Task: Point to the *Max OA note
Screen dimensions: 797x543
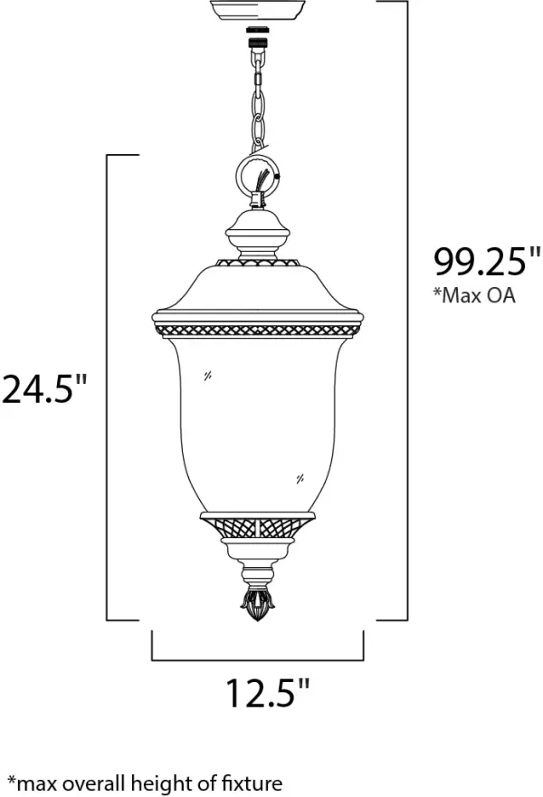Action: (474, 297)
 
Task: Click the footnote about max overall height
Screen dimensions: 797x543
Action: (145, 783)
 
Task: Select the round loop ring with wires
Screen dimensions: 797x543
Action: (259, 177)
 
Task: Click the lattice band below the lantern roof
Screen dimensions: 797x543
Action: (257, 323)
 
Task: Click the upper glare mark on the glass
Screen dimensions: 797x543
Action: (208, 376)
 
